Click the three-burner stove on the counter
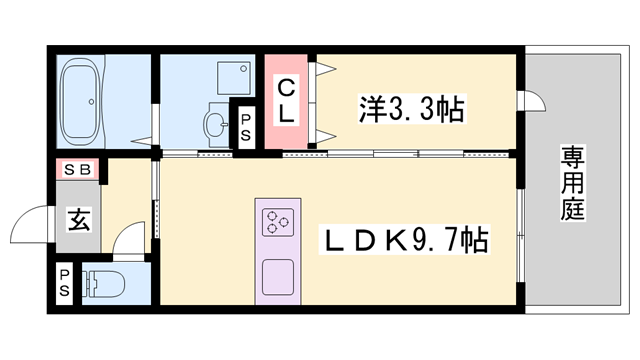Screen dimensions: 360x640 pyautogui.click(x=277, y=222)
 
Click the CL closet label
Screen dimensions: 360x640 pyautogui.click(x=286, y=99)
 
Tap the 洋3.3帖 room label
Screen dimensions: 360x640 pyautogui.click(x=409, y=109)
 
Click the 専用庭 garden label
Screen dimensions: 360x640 pyautogui.click(x=573, y=183)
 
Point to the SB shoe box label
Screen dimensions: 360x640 pyautogui.click(x=77, y=169)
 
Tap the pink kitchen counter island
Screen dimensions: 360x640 pyautogui.click(x=277, y=250)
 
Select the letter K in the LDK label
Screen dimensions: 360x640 pyautogui.click(x=393, y=240)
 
